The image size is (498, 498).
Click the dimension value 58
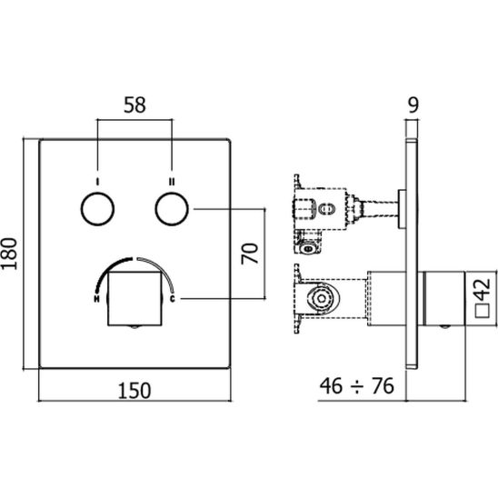[134, 105]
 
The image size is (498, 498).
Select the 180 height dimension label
[9, 254]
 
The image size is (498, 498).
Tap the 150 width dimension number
[134, 391]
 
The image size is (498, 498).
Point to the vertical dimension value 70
[250, 254]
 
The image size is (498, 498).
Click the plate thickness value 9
[413, 105]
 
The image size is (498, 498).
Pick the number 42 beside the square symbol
[483, 289]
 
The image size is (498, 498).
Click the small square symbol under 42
[483, 311]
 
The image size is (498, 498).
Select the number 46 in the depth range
[332, 386]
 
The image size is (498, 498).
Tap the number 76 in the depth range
[383, 386]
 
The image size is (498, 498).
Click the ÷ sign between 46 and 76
[357, 387]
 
